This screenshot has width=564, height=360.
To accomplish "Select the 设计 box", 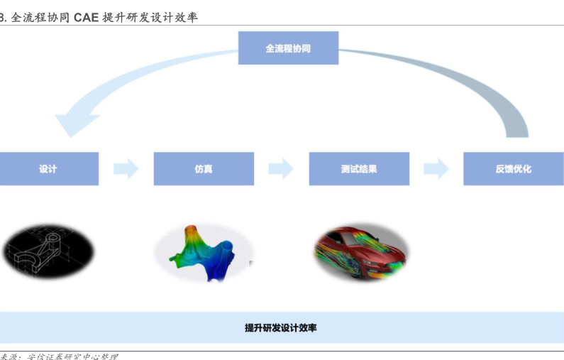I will point(48,169).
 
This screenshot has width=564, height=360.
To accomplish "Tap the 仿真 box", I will point(204,169).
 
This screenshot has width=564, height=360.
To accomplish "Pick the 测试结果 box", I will point(359,169).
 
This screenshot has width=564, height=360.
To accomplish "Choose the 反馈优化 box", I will point(514,169).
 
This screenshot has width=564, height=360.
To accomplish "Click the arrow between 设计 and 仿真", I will point(126,169).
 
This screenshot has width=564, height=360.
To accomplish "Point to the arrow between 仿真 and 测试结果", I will point(281,169).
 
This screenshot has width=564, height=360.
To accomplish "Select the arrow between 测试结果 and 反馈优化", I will point(436,169).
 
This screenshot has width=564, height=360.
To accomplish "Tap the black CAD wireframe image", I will point(48,251).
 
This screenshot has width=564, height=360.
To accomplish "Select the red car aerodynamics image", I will point(360,251).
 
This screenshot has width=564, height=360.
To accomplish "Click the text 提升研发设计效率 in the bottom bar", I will point(281,327).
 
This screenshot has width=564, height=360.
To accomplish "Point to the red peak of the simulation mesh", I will point(189,230).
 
